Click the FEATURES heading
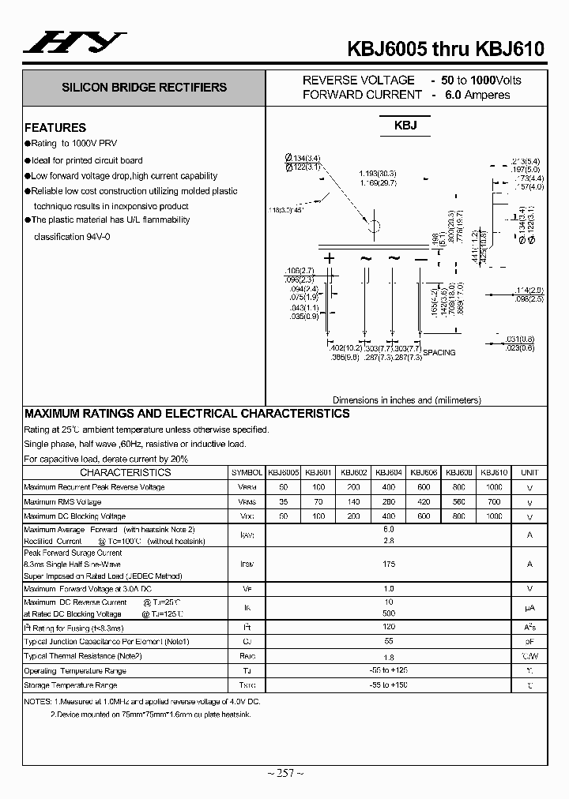click(55, 127)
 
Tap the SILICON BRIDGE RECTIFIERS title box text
click(144, 88)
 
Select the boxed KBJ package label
click(405, 126)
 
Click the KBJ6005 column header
click(283, 472)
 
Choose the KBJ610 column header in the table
click(494, 472)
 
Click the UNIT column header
click(529, 472)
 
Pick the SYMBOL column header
click(247, 472)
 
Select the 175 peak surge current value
click(388, 564)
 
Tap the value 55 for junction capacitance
click(388, 642)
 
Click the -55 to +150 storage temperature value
click(388, 685)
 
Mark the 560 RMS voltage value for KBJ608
click(459, 501)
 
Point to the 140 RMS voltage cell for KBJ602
click(353, 501)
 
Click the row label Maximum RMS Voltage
click(62, 501)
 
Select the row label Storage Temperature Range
click(70, 685)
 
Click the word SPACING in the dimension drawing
click(439, 352)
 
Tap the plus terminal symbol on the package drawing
click(330, 258)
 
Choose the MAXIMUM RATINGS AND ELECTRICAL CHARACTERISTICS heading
click(187, 414)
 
